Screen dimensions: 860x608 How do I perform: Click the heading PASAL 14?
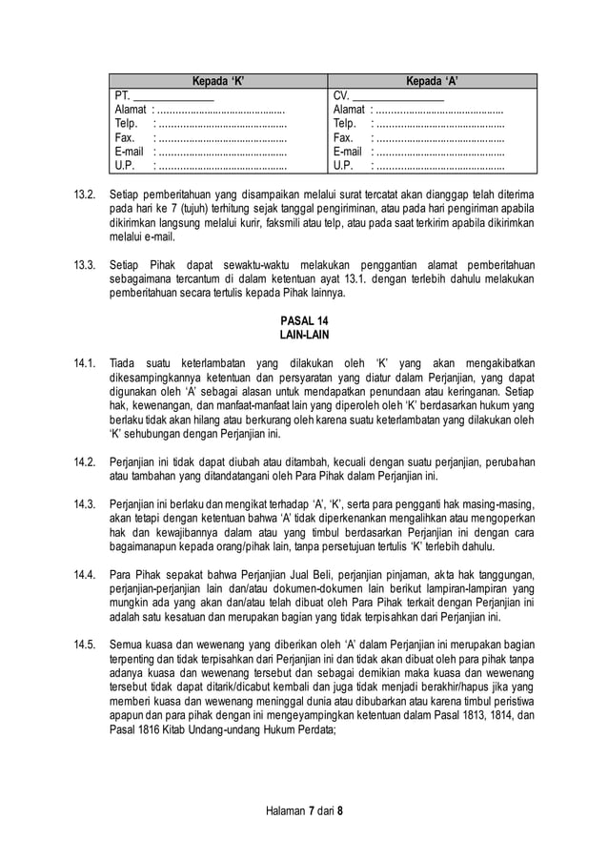(x=304, y=322)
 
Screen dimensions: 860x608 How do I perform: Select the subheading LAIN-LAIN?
(x=304, y=337)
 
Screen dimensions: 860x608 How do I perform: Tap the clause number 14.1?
(x=86, y=363)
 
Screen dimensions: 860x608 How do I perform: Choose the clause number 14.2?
(x=86, y=461)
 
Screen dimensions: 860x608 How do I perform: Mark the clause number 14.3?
(x=86, y=503)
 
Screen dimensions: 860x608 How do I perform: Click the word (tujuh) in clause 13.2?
(x=213, y=209)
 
